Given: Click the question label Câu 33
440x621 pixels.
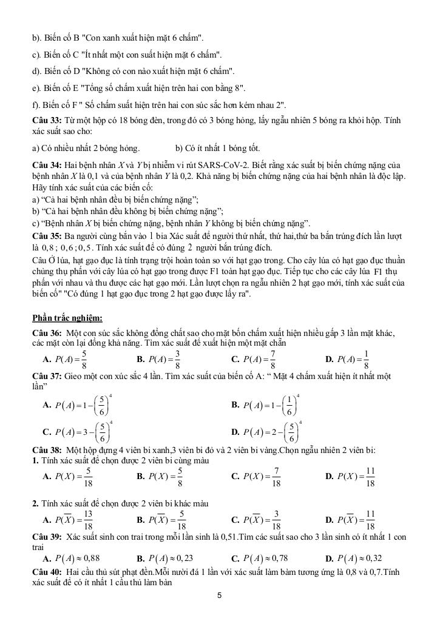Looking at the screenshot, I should click(46, 121).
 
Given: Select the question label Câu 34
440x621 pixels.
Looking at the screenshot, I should click(46, 165).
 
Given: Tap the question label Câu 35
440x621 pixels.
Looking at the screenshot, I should click(46, 235).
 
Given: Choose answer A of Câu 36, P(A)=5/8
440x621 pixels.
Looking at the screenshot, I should click(70, 359).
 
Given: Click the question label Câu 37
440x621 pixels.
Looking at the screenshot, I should click(47, 377).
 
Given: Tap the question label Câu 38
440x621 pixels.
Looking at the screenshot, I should click(47, 450).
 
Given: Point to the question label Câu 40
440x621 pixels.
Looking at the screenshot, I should click(47, 572).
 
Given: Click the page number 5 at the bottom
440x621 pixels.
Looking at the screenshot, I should click(220, 596).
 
